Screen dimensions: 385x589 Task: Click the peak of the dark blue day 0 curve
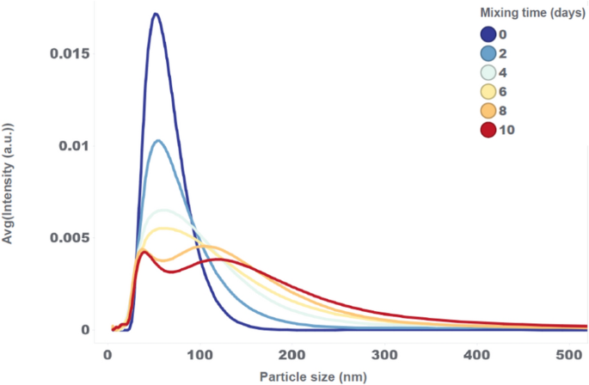[x=156, y=14]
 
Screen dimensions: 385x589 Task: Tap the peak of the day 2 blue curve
[x=157, y=141]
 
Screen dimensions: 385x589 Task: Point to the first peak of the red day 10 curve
[x=144, y=252]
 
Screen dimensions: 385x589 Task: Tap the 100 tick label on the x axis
[x=200, y=354]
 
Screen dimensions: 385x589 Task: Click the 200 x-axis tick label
[x=292, y=354]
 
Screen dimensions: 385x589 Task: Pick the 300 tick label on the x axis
[x=385, y=354]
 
